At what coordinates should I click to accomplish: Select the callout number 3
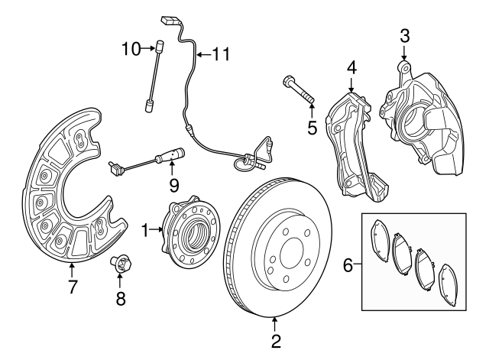(405, 35)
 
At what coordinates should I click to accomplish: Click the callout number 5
(312, 127)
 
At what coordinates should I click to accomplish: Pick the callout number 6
(348, 265)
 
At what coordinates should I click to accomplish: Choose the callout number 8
(120, 299)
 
